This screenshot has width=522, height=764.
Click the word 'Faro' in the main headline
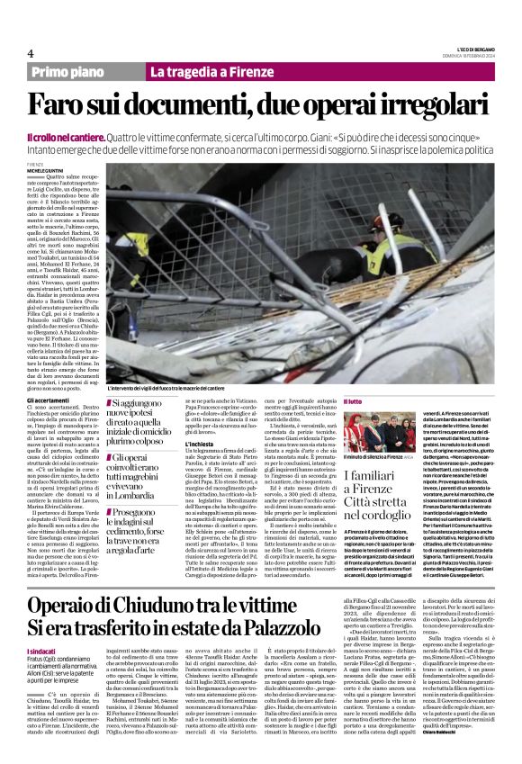pos(83,103)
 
